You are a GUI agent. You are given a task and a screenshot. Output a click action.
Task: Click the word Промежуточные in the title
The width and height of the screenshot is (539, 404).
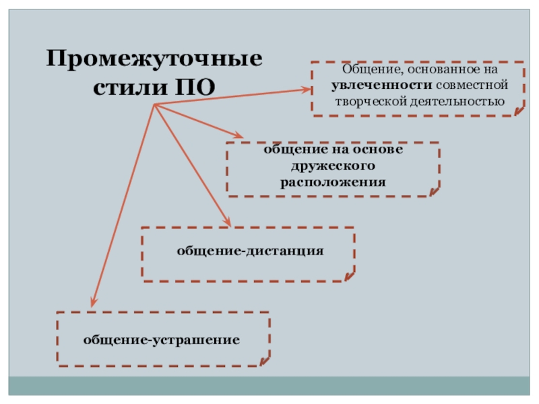click(154, 59)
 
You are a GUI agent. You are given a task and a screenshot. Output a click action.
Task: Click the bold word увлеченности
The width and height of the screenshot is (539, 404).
click(381, 86)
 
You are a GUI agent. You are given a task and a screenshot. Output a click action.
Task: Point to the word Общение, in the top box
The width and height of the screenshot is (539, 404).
click(367, 70)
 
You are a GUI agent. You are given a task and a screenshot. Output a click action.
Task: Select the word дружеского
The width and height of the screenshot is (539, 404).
click(333, 165)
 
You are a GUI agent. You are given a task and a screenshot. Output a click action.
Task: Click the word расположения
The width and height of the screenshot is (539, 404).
click(333, 182)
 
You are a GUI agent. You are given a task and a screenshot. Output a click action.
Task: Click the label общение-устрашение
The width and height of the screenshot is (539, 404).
click(162, 339)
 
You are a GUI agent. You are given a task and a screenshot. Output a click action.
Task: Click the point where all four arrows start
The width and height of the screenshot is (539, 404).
click(154, 104)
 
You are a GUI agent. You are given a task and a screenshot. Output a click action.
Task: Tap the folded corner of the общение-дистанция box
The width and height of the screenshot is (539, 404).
click(348, 275)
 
